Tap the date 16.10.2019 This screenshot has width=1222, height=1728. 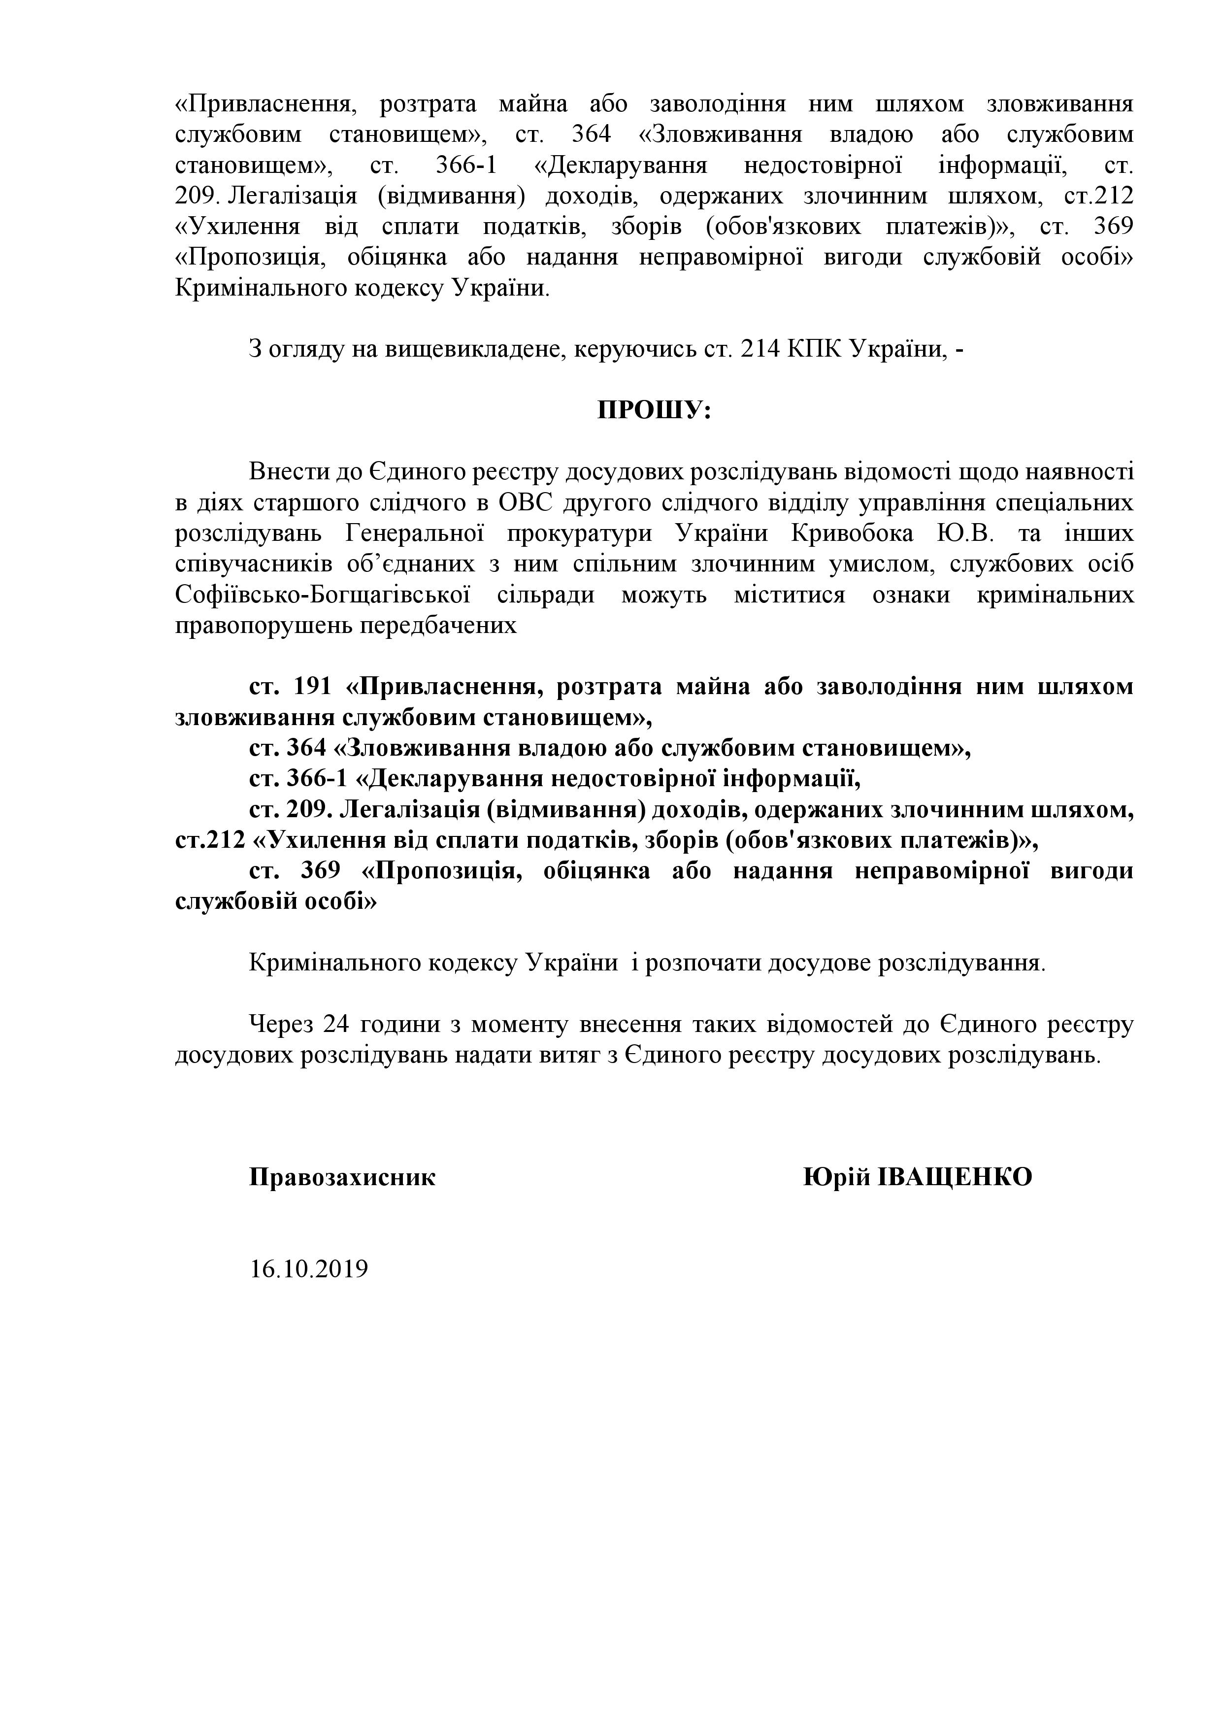pyautogui.click(x=308, y=1269)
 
